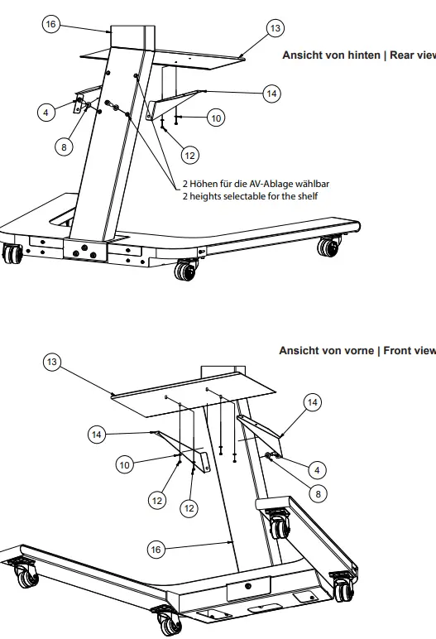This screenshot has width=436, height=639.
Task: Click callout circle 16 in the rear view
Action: tap(51, 26)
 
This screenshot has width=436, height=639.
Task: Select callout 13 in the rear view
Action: tap(275, 29)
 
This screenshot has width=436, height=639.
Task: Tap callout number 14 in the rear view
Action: tap(271, 94)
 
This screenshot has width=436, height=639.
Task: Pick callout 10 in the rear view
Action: tap(215, 118)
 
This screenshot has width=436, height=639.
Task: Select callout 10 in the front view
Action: tap(124, 466)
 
